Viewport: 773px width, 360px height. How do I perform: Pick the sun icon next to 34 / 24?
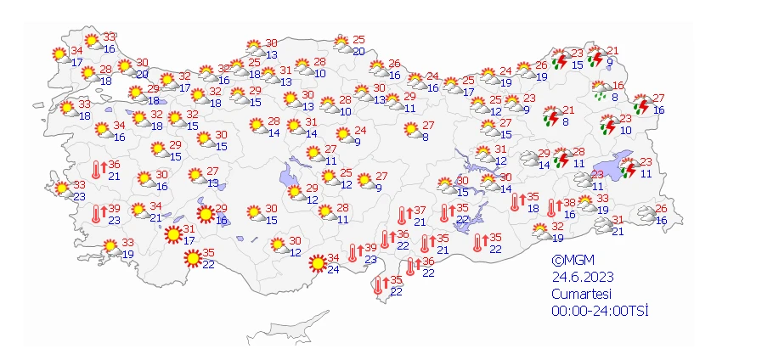(x=317, y=264)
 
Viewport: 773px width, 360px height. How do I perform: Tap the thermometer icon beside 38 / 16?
(x=552, y=207)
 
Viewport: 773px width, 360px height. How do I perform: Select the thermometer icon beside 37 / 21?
(x=404, y=216)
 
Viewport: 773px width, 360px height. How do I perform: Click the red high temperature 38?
(x=569, y=204)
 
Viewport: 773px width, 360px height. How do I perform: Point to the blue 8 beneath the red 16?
(x=614, y=97)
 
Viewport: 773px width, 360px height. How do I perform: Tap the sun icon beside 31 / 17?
(x=172, y=233)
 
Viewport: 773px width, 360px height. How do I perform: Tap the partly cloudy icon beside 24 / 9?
(x=343, y=135)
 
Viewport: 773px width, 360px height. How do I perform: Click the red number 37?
(x=420, y=211)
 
